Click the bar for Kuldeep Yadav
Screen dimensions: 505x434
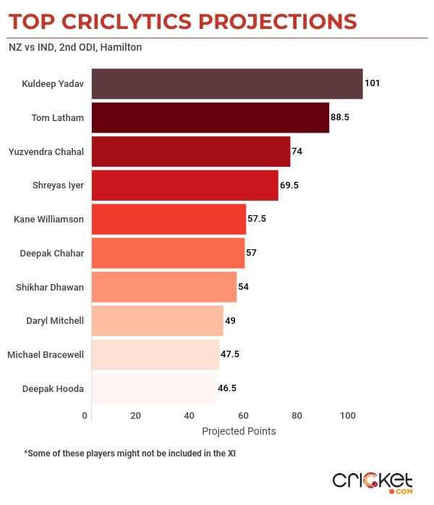pos(227,83)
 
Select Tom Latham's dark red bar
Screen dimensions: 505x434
pos(210,117)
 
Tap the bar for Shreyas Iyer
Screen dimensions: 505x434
pos(185,185)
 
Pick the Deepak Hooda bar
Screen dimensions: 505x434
pos(154,388)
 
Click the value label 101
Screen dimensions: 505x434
pos(372,83)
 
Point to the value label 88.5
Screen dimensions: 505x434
pos(341,117)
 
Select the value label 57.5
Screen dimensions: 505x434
pos(258,219)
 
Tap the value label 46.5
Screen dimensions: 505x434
pos(228,388)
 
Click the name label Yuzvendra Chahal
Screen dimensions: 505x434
pos(46,151)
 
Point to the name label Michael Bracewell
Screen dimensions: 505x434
pos(46,354)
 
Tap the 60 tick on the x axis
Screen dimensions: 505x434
pos(243,416)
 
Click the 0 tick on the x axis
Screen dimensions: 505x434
pos(85,416)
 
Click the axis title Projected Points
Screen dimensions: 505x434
pos(239,431)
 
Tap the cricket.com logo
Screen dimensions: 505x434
pos(373,482)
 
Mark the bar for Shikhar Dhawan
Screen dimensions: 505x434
pos(164,287)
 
